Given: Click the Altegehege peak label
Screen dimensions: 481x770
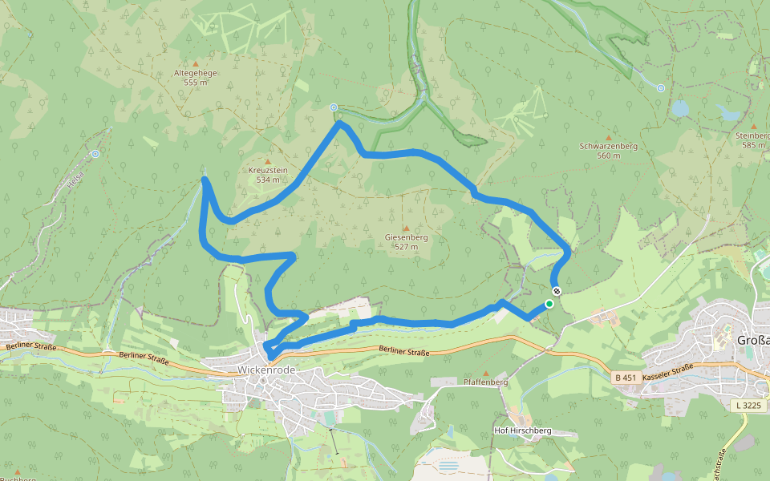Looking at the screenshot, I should pyautogui.click(x=196, y=77).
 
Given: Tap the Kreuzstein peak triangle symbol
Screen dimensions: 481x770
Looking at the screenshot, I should pyautogui.click(x=268, y=161).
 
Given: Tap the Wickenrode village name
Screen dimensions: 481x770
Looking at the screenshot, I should pyautogui.click(x=267, y=370).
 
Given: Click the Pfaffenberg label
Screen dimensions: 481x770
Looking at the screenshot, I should pyautogui.click(x=486, y=383).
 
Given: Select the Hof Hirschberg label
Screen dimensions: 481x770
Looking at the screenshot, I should pyautogui.click(x=523, y=430).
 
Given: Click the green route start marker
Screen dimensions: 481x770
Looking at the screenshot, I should pyautogui.click(x=549, y=304).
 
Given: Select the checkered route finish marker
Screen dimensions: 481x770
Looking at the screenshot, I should pyautogui.click(x=557, y=290).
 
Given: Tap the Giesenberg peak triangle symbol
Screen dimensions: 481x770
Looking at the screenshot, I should pyautogui.click(x=406, y=228).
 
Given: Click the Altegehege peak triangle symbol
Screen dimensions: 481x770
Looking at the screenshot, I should pyautogui.click(x=196, y=63).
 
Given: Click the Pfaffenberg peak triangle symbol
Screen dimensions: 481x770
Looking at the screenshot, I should pyautogui.click(x=485, y=374).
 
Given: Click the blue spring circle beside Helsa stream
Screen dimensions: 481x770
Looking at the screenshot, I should pyautogui.click(x=95, y=153).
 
